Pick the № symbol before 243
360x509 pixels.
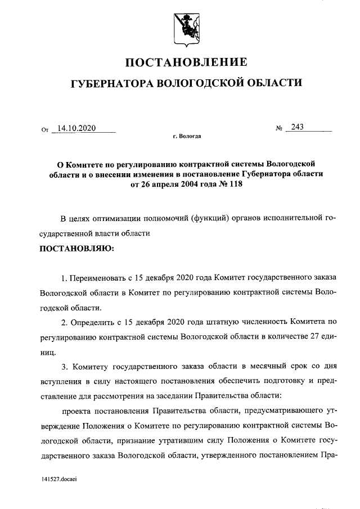pos(279,129)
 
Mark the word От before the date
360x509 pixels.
pos(46,130)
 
